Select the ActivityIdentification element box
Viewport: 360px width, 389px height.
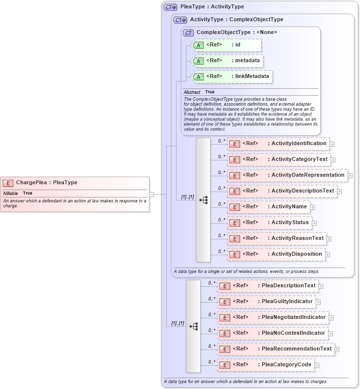[x=278, y=144]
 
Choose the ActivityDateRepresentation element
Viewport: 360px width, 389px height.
[x=287, y=175]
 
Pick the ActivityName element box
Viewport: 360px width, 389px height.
[x=268, y=207]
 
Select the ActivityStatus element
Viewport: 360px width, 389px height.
[x=269, y=223]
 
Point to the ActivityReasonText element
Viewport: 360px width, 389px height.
[x=277, y=238]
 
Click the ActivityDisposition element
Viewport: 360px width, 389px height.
[x=276, y=254]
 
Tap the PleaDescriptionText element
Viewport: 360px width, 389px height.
[x=268, y=286]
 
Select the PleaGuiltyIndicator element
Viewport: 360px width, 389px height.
[x=266, y=302]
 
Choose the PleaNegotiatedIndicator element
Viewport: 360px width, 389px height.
[x=273, y=317]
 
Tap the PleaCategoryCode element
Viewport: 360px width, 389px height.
[x=266, y=365]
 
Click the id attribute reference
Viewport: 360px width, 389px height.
[x=225, y=45]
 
